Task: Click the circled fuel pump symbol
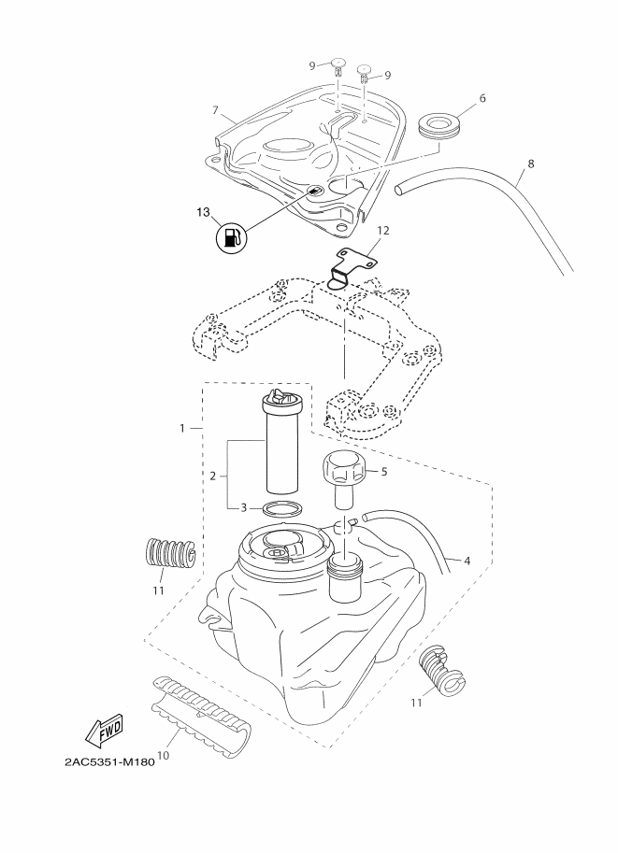(232, 238)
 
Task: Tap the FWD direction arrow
(105, 729)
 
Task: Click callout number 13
(203, 212)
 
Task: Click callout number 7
(216, 110)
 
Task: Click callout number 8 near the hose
(531, 163)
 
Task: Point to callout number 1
(182, 428)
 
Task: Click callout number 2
(213, 476)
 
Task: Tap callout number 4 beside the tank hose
(467, 560)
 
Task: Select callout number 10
(163, 755)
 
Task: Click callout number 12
(382, 230)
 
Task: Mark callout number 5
(384, 471)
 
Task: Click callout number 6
(482, 98)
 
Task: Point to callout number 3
(244, 508)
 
